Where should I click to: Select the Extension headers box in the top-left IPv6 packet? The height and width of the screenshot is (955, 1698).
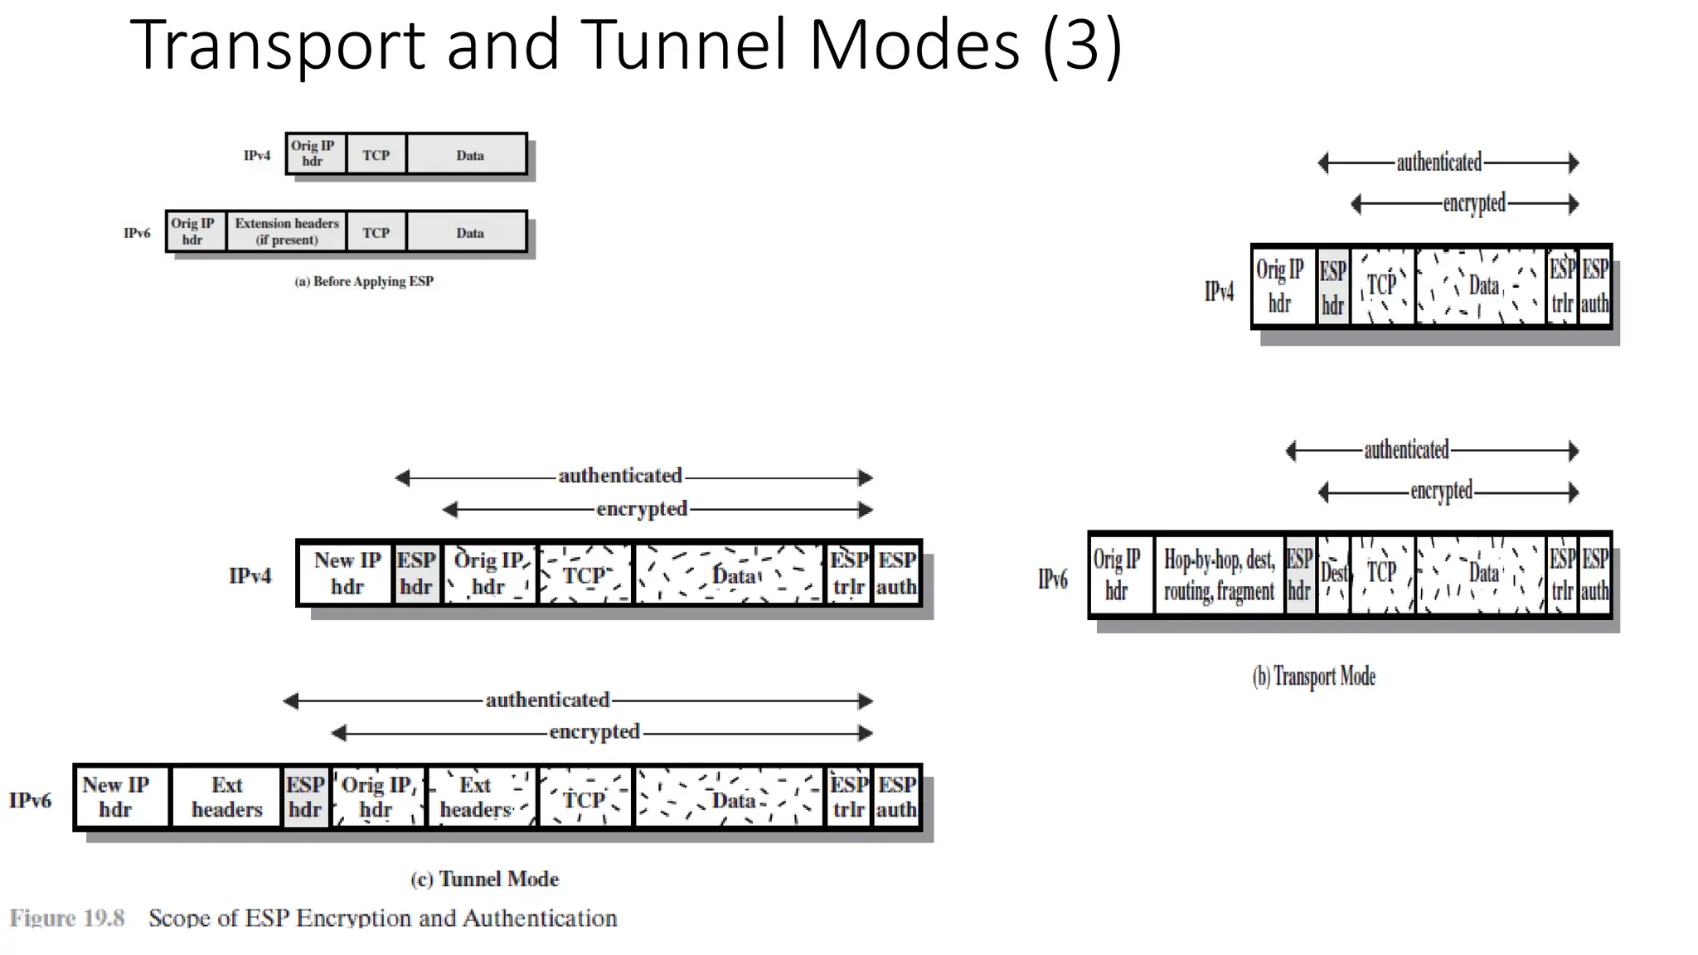(286, 232)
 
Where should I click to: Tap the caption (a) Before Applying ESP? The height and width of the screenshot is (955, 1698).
(364, 282)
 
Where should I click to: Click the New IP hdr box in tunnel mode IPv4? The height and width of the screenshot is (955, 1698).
(347, 574)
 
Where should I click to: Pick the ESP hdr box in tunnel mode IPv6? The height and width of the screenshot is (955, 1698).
(305, 797)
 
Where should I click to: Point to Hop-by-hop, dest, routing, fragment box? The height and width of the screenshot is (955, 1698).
(1219, 574)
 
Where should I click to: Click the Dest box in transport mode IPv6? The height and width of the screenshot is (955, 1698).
(1333, 574)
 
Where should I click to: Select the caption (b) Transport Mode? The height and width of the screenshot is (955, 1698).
(1313, 676)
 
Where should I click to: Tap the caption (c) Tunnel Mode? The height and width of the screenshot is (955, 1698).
(485, 880)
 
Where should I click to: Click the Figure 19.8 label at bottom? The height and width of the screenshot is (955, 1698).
(67, 919)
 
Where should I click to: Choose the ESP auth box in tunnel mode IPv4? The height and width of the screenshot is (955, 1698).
(896, 574)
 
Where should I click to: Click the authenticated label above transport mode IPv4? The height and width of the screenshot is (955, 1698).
(1438, 162)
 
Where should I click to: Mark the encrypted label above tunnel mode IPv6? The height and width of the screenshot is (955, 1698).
(594, 733)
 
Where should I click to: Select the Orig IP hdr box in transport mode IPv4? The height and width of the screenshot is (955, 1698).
(1280, 287)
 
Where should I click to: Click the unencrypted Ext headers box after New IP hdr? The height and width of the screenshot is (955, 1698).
(226, 797)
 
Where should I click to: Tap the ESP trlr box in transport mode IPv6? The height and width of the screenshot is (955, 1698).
(1562, 574)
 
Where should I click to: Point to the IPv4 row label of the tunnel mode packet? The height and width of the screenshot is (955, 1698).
(250, 576)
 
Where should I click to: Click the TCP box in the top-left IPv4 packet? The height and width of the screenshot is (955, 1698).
(376, 155)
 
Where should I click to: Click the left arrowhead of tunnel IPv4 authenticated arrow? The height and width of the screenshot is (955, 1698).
(402, 477)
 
